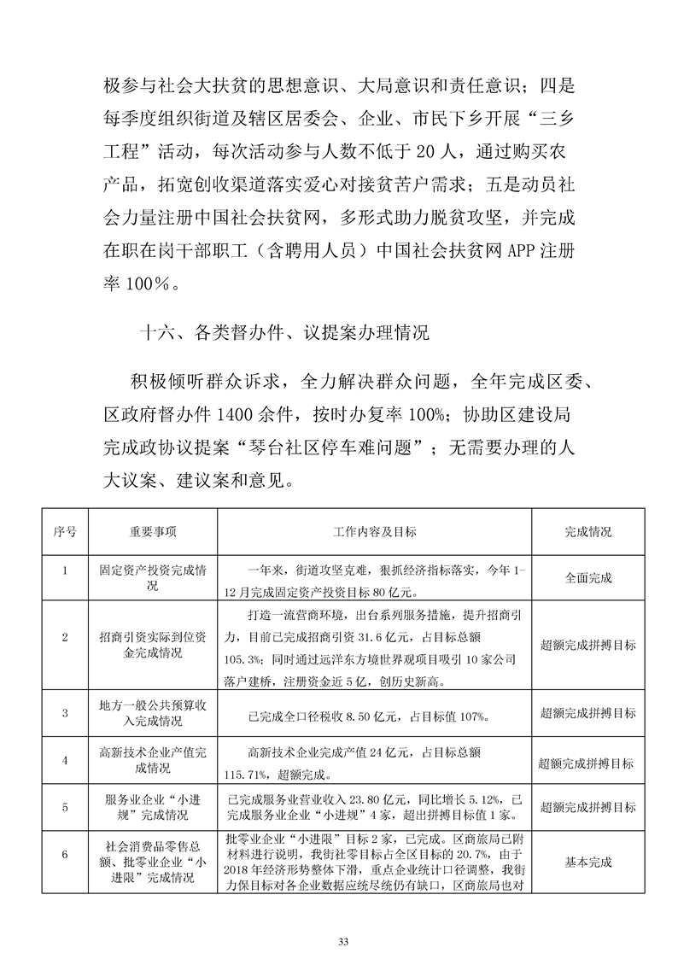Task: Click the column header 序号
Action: [x=65, y=531]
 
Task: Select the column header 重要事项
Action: [x=154, y=531]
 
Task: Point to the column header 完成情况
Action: [x=588, y=531]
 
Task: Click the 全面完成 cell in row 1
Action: [x=588, y=578]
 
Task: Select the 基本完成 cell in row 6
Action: [x=588, y=863]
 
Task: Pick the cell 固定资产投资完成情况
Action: [x=154, y=578]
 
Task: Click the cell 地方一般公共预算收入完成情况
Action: [x=154, y=713]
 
